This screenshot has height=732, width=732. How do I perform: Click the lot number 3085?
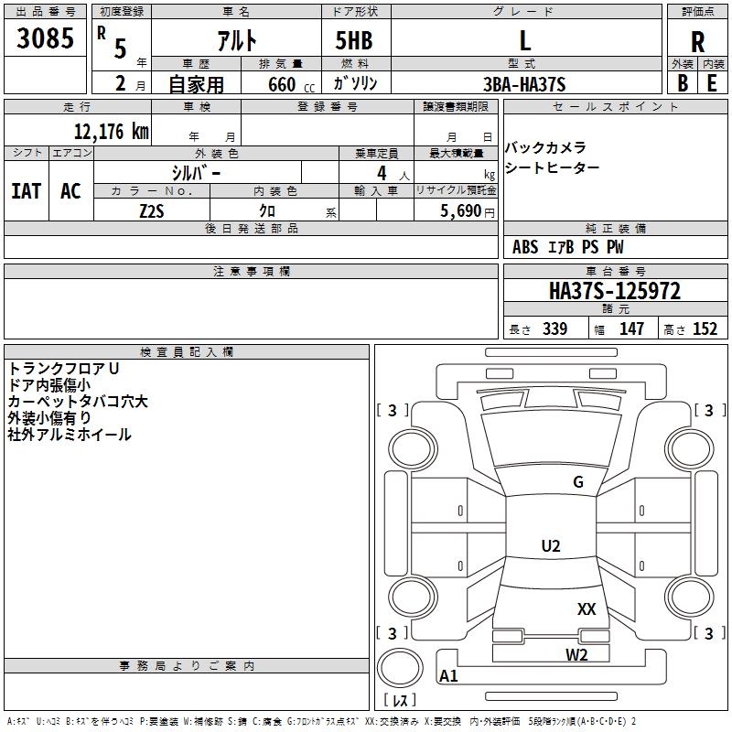[46, 39]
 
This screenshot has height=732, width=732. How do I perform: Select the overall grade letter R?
[697, 42]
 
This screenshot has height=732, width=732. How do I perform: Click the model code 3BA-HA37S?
[524, 84]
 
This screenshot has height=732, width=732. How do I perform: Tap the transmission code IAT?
[26, 191]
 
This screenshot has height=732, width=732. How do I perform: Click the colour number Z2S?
[152, 210]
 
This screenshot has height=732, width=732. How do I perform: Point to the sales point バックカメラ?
[545, 148]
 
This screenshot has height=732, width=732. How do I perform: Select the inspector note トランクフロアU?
[64, 369]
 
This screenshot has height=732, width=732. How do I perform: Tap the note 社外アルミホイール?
[70, 435]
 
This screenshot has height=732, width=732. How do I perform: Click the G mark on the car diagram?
[578, 481]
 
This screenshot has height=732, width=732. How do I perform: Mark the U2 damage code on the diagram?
[550, 546]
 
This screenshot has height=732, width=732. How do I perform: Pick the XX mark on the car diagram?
[587, 608]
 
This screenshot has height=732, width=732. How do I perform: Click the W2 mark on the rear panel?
[576, 653]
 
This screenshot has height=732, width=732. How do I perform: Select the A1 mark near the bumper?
[448, 676]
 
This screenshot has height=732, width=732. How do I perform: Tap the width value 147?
[631, 329]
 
